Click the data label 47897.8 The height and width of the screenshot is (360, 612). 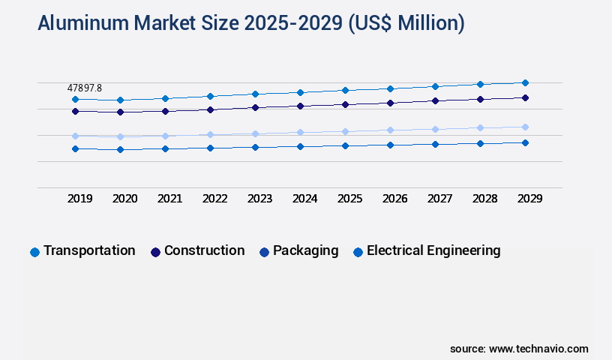click(84, 88)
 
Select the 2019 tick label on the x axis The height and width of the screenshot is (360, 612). click(80, 199)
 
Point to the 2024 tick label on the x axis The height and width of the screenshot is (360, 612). click(305, 199)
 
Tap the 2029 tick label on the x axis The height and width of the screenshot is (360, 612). click(529, 199)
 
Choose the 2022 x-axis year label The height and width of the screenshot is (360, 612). click(215, 199)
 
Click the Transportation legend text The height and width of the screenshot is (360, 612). click(89, 250)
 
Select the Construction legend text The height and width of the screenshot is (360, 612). click(204, 250)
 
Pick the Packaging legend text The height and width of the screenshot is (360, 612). click(305, 250)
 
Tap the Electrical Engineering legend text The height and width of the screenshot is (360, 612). click(433, 250)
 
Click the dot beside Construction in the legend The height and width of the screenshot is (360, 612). click(155, 252)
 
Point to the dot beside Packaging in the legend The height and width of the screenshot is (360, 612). click(264, 252)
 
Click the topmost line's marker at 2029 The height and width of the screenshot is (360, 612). click(525, 82)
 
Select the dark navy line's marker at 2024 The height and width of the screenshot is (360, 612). click(300, 106)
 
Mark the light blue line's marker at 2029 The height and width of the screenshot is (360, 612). click(525, 127)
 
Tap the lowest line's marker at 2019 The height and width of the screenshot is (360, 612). click(75, 148)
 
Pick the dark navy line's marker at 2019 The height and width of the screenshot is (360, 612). click(75, 111)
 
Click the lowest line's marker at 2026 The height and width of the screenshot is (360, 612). click(390, 145)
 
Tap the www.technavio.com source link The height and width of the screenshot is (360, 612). click(538, 349)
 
